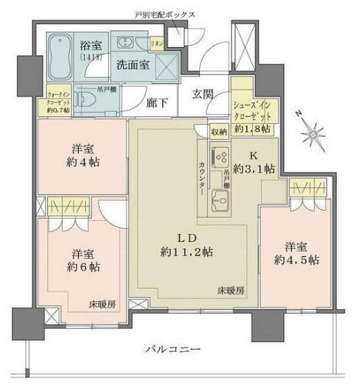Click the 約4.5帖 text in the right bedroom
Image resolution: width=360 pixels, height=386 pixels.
[296, 260]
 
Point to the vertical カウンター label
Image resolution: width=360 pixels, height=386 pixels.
[203, 179]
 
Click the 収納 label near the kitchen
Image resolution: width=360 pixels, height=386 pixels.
[218, 132]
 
